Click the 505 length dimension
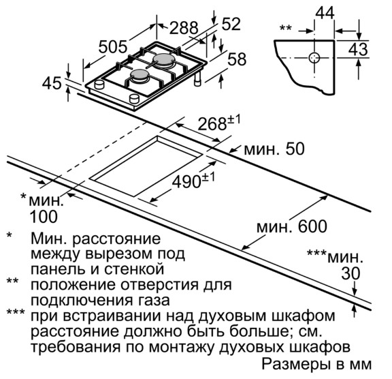(113, 46)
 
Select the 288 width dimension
(184, 27)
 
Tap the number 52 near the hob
(231, 24)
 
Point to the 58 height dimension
(237, 59)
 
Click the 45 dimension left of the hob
(52, 83)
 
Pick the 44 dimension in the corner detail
(325, 12)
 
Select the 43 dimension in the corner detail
(358, 49)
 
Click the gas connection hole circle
(314, 58)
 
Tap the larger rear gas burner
(163, 61)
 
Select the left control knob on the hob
(99, 84)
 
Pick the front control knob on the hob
(134, 98)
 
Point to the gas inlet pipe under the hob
(198, 79)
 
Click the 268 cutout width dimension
(218, 123)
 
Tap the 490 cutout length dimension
(193, 181)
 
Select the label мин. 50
(274, 149)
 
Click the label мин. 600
(292, 226)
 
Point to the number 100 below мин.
(44, 217)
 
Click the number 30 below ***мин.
(350, 273)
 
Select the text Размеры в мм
(316, 365)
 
